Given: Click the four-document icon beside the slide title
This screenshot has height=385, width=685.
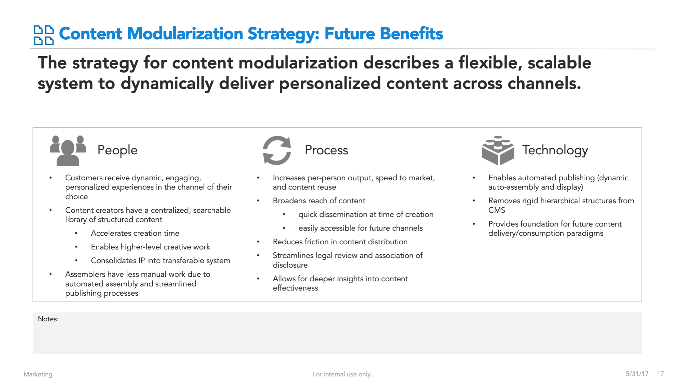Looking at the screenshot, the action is coord(44,35).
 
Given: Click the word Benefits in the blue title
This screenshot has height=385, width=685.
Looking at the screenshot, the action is coord(384,34).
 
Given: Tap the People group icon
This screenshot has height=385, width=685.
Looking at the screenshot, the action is coord(68,151).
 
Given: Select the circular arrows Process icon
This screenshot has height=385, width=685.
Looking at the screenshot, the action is coord(277,150).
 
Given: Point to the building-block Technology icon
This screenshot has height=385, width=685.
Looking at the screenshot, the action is coord(498,151).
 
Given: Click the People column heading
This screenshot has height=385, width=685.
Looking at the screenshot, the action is coord(117,150).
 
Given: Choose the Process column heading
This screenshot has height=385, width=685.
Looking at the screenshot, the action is coord(326,150).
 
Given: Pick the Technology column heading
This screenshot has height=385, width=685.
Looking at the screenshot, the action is coord(555,150).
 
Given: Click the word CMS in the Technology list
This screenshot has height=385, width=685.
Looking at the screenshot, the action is coord(497,210).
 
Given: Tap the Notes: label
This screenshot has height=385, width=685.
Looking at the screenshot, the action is coord(48,319).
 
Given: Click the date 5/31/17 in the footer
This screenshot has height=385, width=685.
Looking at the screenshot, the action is coord(637,374).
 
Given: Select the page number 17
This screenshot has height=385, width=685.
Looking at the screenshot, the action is coord(660,374).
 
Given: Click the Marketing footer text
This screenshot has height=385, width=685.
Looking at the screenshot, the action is coord(38,374).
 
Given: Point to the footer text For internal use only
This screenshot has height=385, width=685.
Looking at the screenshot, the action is coord(342,374).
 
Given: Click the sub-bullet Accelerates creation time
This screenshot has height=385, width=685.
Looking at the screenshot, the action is coord(135,233).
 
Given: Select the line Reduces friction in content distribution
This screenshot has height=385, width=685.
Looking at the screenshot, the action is coord(340,242).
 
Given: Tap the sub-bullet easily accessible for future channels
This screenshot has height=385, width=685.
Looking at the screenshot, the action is coord(361,228).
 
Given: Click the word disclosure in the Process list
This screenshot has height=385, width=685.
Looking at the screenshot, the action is coord(290,265).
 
